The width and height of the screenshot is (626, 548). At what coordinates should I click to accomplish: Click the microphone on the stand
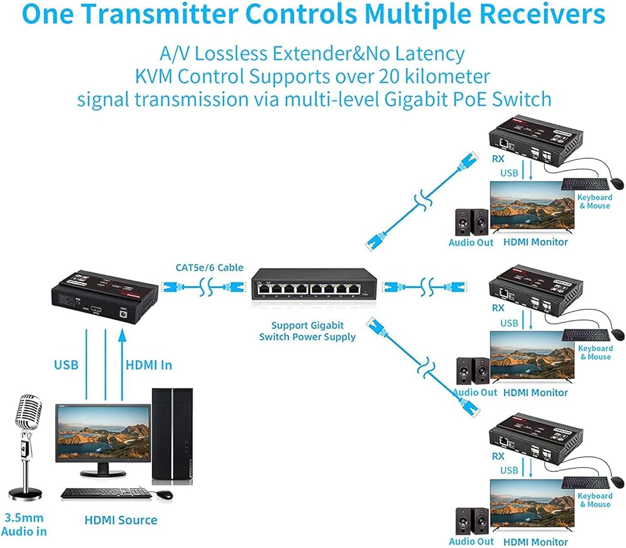(25, 416)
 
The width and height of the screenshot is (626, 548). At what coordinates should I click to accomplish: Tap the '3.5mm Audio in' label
(24, 525)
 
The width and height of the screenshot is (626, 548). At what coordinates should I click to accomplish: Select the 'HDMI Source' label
(121, 520)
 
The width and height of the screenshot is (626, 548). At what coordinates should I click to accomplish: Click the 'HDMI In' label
(149, 364)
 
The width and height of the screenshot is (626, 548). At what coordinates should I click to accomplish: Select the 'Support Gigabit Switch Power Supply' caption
(307, 331)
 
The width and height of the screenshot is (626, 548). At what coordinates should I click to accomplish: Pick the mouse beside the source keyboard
(165, 495)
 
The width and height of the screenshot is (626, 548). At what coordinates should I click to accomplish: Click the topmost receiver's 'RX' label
(498, 159)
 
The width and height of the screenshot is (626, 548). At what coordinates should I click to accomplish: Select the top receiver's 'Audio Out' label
(471, 242)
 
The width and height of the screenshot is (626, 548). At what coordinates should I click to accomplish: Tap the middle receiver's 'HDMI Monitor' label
(536, 393)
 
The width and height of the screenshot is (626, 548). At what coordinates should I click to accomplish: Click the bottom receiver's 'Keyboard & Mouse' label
(594, 500)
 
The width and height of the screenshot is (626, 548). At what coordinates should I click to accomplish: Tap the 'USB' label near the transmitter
(66, 364)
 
